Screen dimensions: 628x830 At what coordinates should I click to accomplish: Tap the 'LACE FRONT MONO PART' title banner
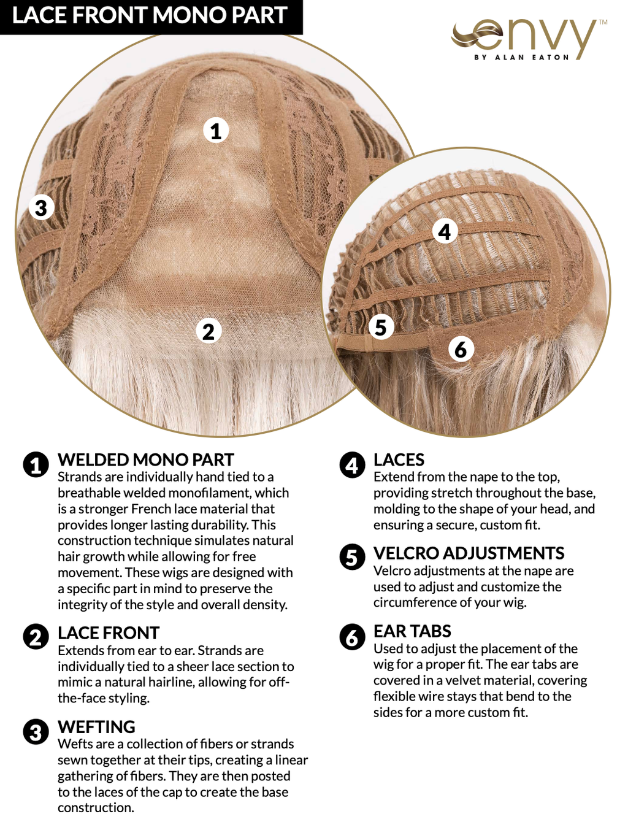pos(151,17)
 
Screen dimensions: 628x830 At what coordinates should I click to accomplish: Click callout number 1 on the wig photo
pos(216,131)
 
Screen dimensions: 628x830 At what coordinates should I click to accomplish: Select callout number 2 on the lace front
pos(209,331)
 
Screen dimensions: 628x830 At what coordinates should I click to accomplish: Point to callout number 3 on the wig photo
pos(41,207)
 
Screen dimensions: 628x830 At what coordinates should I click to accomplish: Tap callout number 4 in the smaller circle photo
pos(445,231)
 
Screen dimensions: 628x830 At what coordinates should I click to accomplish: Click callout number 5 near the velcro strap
pos(380,327)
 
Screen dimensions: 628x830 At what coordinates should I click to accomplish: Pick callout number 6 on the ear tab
pos(461,349)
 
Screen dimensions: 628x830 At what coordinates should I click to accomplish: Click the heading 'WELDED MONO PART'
pos(146,460)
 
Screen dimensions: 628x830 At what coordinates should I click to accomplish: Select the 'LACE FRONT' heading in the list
pos(109,632)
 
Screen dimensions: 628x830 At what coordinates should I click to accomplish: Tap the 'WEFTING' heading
pos(96,726)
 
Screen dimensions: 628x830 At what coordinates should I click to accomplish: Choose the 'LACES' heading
pos(399,460)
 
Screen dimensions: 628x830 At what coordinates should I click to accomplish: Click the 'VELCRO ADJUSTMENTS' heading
pos(469,553)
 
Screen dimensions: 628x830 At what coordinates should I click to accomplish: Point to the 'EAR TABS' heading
pos(412,631)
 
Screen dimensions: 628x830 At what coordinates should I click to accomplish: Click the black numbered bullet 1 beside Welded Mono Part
pos(36,465)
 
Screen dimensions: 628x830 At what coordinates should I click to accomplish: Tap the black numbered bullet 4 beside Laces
pos(352,465)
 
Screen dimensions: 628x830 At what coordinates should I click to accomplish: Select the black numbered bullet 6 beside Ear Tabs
pos(352,636)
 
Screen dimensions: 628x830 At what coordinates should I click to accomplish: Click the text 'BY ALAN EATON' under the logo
pos(521,58)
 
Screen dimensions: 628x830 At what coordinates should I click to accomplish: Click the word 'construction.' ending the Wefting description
pos(96,808)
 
